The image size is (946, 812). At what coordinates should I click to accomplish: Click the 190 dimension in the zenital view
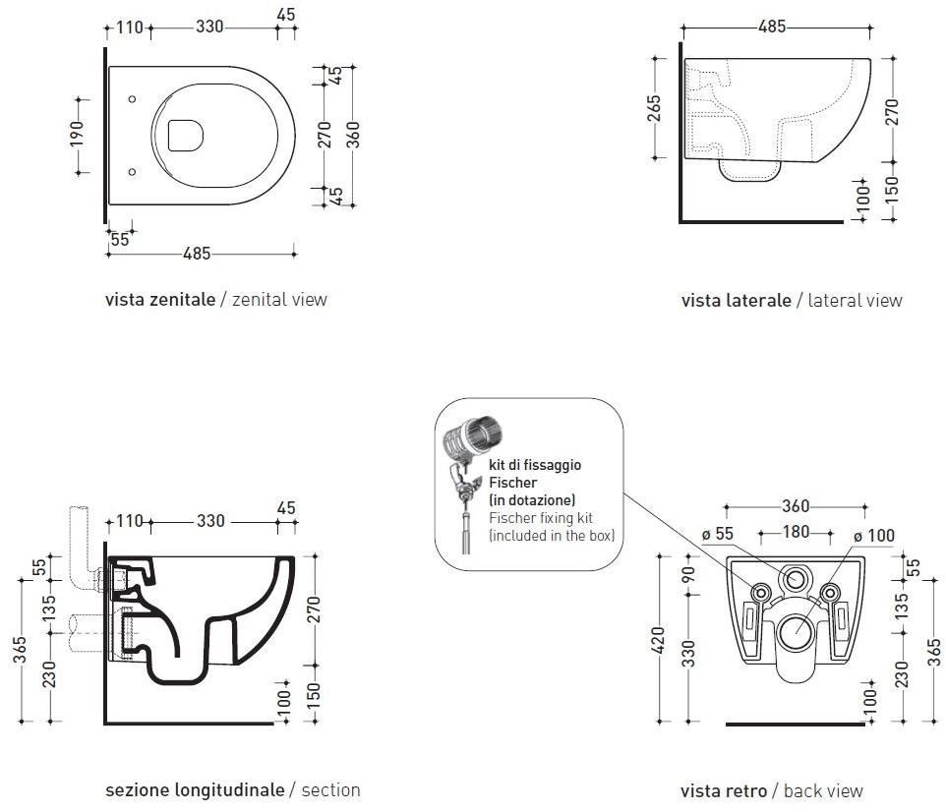click(x=77, y=133)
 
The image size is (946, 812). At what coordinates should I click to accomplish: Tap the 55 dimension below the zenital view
click(x=120, y=239)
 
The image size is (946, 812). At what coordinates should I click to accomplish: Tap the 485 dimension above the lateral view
click(x=772, y=28)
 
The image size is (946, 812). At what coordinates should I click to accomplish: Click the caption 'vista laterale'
click(x=736, y=300)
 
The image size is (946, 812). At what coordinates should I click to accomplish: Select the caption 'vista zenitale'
click(x=159, y=299)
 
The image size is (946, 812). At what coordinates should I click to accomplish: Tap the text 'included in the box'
click(x=552, y=536)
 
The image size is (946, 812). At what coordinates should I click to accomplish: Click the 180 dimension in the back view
click(x=795, y=532)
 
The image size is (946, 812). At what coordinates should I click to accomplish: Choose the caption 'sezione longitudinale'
click(x=195, y=789)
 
